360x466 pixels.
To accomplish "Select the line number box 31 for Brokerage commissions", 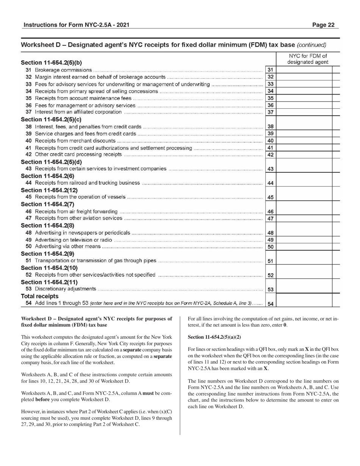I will tap(270, 70).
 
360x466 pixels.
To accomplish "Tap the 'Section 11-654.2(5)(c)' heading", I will tap(51, 119).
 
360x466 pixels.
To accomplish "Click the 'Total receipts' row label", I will tap(39, 296).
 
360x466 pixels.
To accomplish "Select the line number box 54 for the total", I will tap(270, 303).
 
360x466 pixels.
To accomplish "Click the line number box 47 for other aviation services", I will tap(270, 219).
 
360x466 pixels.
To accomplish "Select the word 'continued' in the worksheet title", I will tap(311, 45).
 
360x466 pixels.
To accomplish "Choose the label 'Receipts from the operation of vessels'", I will tap(80, 197).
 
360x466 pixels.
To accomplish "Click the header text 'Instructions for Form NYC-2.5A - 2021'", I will tap(76, 25).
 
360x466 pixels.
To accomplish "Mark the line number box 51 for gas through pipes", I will tap(270, 261).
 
